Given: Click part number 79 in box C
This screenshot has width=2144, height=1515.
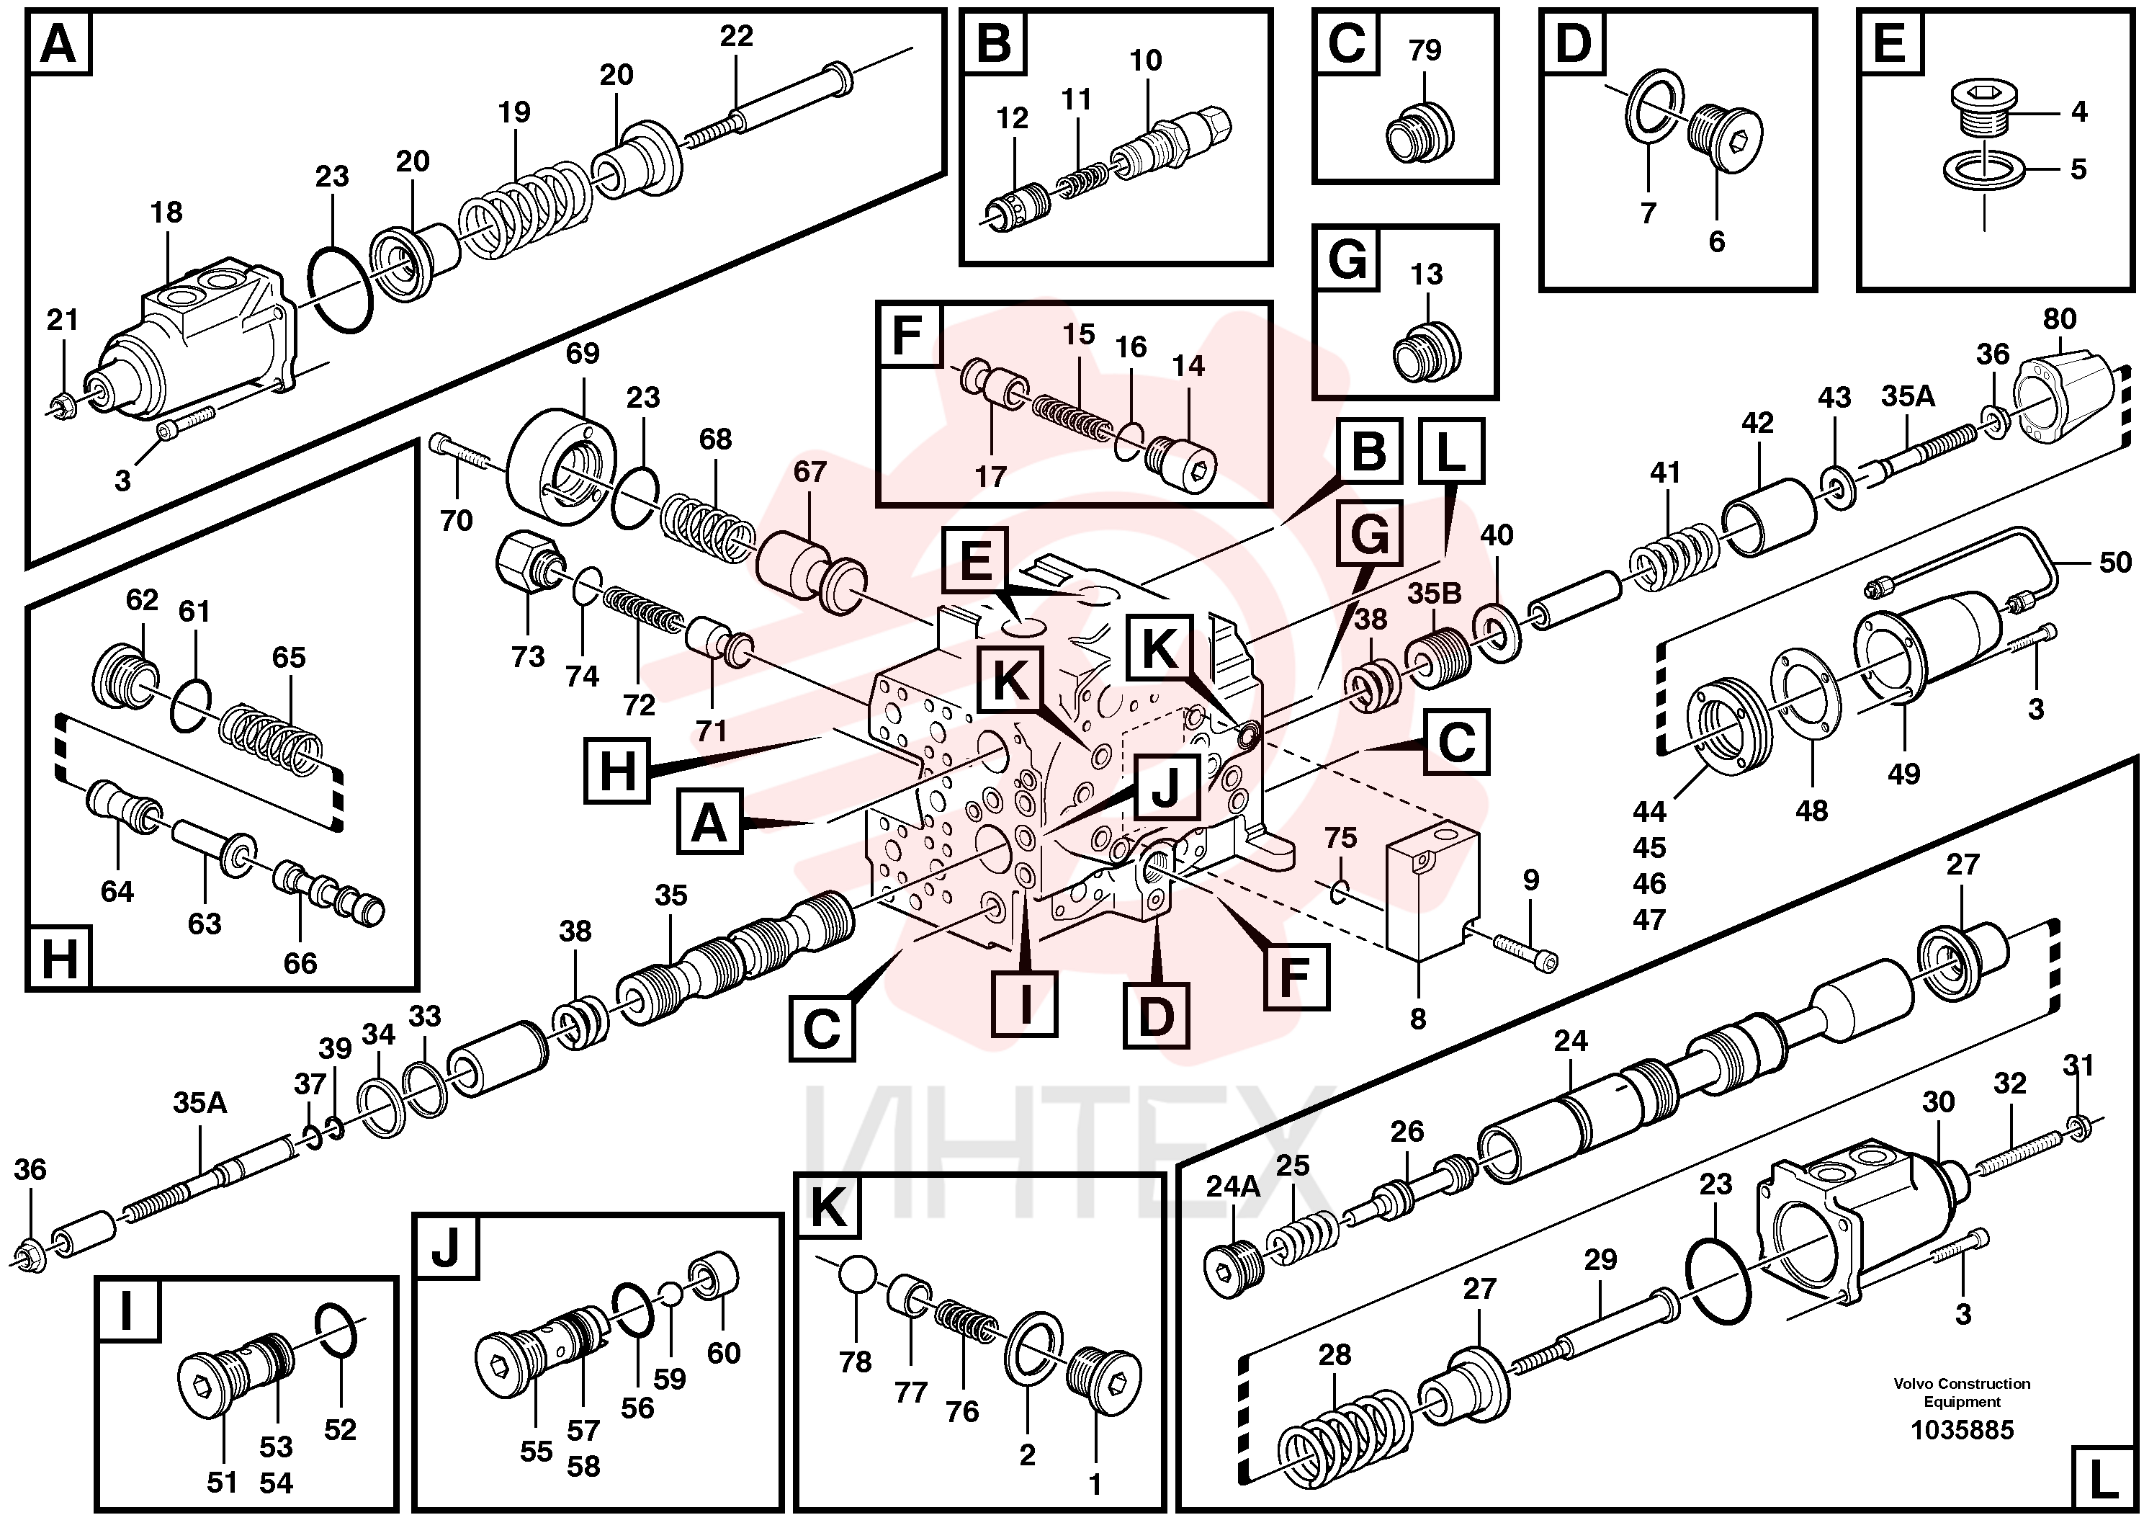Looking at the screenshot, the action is coord(1425,50).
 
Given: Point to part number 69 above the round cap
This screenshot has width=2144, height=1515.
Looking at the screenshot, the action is coord(583,353).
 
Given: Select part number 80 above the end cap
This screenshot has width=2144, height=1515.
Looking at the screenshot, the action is coord(2059,318).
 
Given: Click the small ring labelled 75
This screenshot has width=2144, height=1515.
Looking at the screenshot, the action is coord(1337,891).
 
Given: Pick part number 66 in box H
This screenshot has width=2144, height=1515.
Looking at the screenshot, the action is coord(300,963).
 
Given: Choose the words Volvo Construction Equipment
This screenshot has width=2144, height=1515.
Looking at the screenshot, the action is coord(1962,1393).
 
